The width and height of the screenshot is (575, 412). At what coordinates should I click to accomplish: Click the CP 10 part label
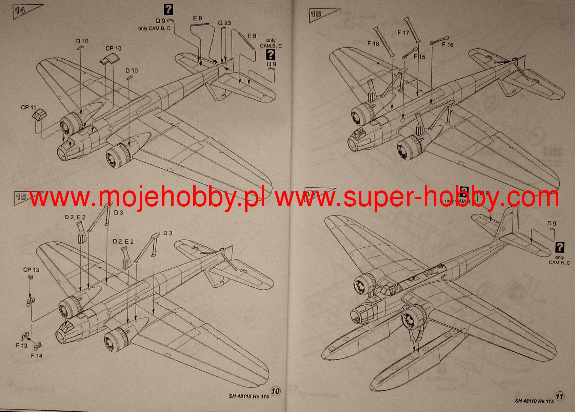[113, 48]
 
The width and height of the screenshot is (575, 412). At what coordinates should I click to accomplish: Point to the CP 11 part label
[28, 107]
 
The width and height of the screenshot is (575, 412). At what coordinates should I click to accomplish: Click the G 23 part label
[224, 23]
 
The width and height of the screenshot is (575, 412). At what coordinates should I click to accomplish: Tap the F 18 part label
[373, 44]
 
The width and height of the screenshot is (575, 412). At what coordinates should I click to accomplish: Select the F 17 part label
[403, 33]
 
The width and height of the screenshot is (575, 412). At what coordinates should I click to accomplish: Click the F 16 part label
[448, 45]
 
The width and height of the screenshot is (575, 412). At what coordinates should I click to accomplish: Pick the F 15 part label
[419, 57]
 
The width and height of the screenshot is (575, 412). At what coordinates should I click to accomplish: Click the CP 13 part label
[31, 270]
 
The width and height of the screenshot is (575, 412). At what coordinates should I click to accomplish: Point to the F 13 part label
[21, 345]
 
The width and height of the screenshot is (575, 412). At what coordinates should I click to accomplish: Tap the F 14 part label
[37, 355]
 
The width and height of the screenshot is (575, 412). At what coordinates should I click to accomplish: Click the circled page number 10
[276, 391]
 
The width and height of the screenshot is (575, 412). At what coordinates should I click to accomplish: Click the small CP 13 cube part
[31, 277]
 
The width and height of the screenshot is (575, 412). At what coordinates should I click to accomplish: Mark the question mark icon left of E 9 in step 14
[168, 10]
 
